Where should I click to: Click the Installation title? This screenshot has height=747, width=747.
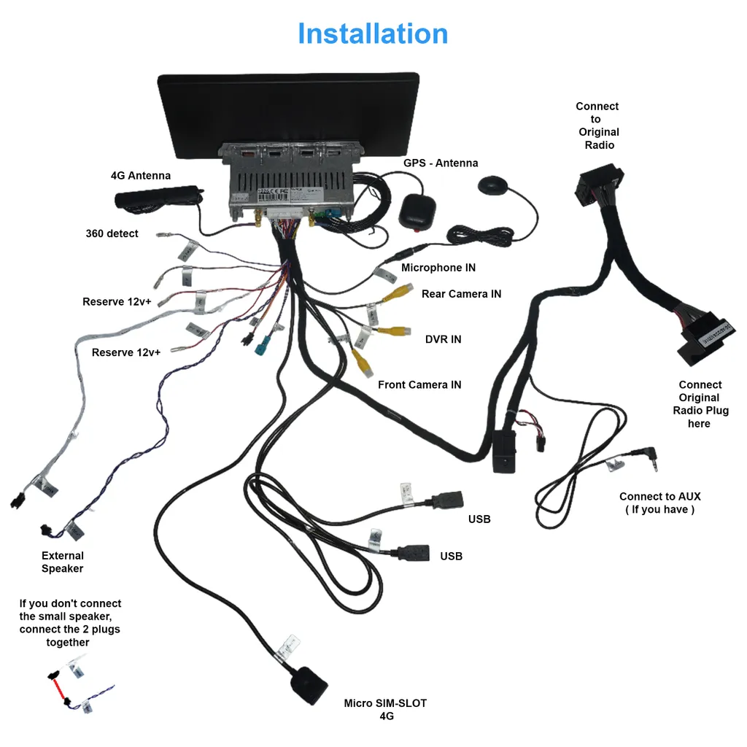(x=373, y=34)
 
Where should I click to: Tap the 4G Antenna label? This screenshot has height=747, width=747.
(x=141, y=176)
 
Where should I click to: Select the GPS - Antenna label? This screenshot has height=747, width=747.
(x=441, y=163)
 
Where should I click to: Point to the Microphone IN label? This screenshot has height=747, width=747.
(x=438, y=268)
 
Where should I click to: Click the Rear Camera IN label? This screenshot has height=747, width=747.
(x=461, y=294)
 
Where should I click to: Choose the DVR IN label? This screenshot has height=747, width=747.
(x=443, y=339)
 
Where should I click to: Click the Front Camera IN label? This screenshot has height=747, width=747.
(x=419, y=384)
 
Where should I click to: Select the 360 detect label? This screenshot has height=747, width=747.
(x=112, y=234)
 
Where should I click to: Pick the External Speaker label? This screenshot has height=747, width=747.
(x=62, y=562)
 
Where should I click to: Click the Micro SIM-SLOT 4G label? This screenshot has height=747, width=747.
(x=385, y=709)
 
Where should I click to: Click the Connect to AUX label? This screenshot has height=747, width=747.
(x=659, y=503)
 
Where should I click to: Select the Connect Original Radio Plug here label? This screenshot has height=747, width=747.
(x=700, y=403)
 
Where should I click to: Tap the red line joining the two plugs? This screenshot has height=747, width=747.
(x=58, y=688)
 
